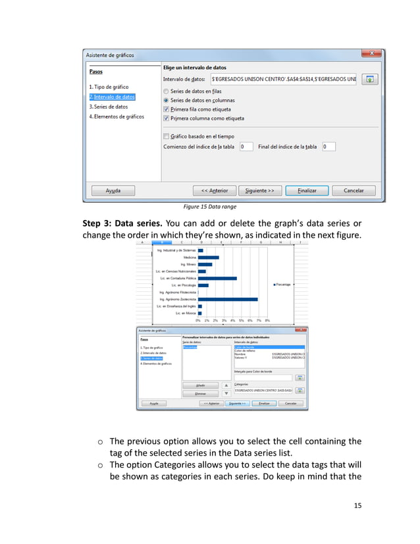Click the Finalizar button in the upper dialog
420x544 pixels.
(x=307, y=190)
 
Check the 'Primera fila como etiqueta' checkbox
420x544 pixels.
(x=166, y=109)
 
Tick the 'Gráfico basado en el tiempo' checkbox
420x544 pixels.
(x=166, y=136)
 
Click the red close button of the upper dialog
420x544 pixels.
(x=372, y=54)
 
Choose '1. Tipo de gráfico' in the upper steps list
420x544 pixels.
(x=109, y=87)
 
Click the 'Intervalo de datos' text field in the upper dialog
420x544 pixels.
(x=282, y=79)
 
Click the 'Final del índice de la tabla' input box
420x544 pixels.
(x=328, y=147)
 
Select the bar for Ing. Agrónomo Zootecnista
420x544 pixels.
(x=228, y=299)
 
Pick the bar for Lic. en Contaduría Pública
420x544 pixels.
(x=217, y=278)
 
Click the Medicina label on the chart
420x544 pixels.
(x=187, y=258)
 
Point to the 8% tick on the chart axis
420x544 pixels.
(x=267, y=320)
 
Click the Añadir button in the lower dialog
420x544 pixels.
(x=201, y=385)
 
